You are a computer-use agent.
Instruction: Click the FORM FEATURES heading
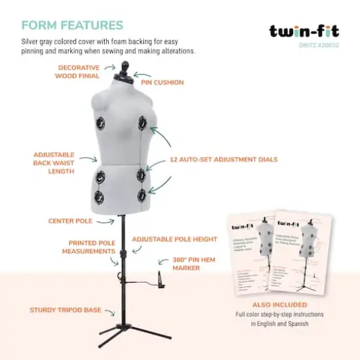point(72,26)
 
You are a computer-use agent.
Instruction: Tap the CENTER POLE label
point(70,221)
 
